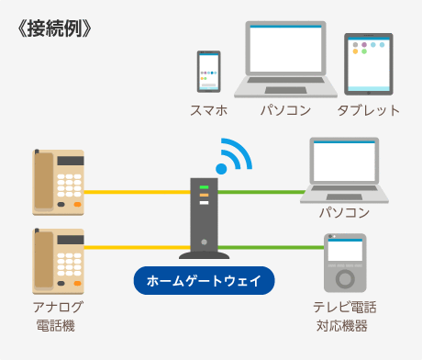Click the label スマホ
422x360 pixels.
coord(208,111)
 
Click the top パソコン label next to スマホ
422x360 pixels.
coord(284,111)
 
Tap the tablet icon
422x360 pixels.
coord(368,63)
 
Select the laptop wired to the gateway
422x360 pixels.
coord(344,168)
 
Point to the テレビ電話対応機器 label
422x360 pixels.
coord(344,315)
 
